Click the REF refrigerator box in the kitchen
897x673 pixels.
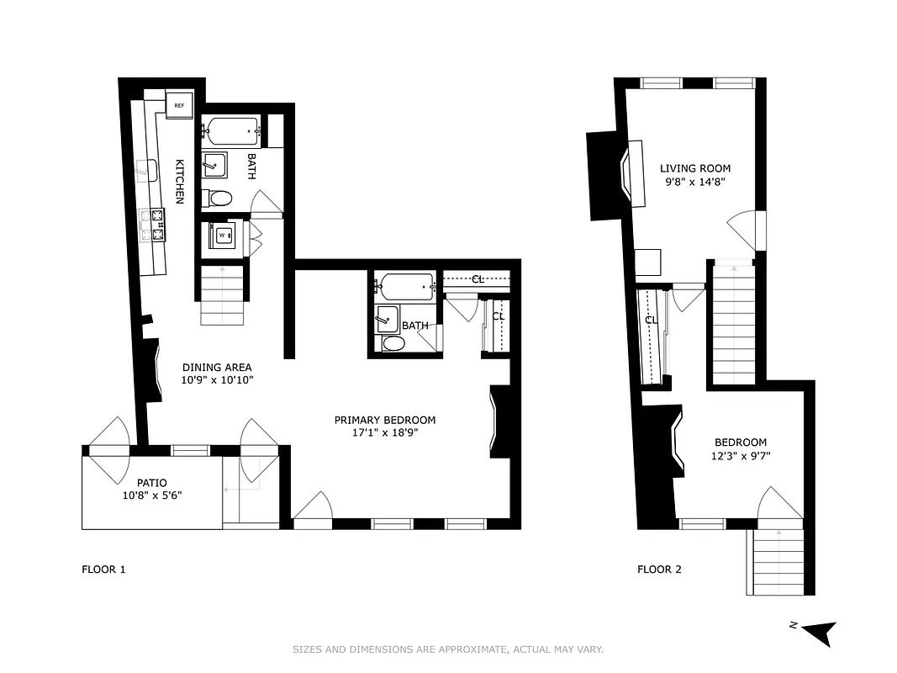tap(180, 105)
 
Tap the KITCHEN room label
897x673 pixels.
tap(179, 181)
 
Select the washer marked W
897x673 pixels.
tap(223, 236)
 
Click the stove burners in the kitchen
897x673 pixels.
tap(156, 225)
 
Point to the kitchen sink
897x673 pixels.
tap(149, 169)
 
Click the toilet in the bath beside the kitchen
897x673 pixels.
tap(219, 199)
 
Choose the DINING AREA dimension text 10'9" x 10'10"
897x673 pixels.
tap(217, 379)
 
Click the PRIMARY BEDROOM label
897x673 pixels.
tap(384, 420)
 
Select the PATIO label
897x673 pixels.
tap(152, 483)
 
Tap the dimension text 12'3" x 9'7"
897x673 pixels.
tap(740, 457)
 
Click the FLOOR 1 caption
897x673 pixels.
tap(103, 570)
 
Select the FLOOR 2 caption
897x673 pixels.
tap(659, 570)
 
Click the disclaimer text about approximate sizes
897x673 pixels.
tap(448, 649)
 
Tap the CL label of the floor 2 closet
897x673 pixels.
tap(652, 321)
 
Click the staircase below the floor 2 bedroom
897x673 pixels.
tap(778, 562)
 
